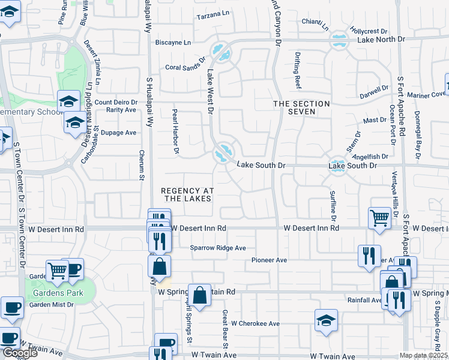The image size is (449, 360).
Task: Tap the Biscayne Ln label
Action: pyautogui.click(x=173, y=43)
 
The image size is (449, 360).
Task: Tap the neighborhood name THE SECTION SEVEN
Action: pyautogui.click(x=301, y=108)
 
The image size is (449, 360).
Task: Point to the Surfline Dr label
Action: pyautogui.click(x=333, y=205)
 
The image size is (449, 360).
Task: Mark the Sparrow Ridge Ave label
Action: pyautogui.click(x=218, y=248)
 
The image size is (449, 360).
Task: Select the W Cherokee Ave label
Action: pyautogui.click(x=256, y=323)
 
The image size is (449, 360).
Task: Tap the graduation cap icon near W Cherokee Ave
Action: pyautogui.click(x=326, y=321)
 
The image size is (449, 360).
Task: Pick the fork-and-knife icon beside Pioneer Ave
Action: pyautogui.click(x=369, y=256)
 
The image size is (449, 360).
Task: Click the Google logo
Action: pyautogui.click(x=20, y=353)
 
